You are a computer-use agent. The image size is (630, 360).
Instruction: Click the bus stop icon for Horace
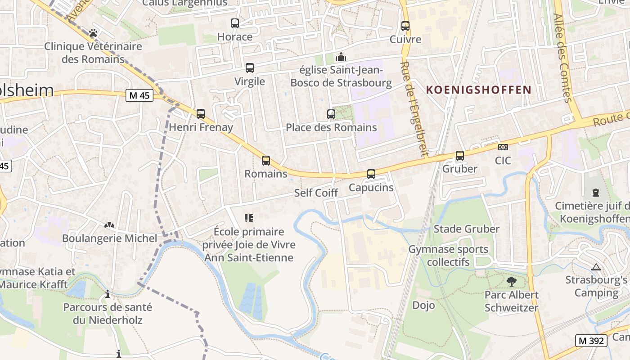click(x=234, y=23)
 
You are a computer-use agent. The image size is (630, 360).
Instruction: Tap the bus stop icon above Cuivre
click(x=405, y=26)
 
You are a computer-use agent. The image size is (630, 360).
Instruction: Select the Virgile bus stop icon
click(x=249, y=68)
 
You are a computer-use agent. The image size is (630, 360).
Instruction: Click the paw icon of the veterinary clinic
click(x=93, y=33)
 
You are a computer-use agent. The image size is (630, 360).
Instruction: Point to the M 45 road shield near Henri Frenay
click(x=139, y=95)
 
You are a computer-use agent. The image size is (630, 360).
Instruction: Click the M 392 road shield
click(x=591, y=341)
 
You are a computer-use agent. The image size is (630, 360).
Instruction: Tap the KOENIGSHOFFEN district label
click(x=478, y=90)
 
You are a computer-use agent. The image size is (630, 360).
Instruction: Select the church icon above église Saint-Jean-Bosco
click(x=341, y=57)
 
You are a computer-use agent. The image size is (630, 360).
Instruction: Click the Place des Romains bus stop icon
click(x=331, y=114)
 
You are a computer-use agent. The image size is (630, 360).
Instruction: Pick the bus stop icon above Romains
click(x=266, y=160)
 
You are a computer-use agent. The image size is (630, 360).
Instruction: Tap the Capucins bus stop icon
click(x=371, y=174)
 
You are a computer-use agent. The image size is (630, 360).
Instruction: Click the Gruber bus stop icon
click(x=459, y=155)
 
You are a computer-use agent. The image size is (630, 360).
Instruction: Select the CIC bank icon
click(x=503, y=147)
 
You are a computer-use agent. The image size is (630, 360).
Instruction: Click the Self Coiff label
click(x=316, y=193)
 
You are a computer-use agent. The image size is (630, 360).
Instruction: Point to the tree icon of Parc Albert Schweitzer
click(x=511, y=282)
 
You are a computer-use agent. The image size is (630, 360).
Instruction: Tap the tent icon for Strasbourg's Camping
click(x=596, y=267)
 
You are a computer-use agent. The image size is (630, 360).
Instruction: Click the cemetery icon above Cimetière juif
click(x=596, y=193)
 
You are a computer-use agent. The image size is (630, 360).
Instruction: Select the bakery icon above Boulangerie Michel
click(x=109, y=225)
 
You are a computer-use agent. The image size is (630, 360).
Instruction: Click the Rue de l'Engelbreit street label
click(x=414, y=108)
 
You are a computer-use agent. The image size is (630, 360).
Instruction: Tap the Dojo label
click(x=423, y=305)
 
